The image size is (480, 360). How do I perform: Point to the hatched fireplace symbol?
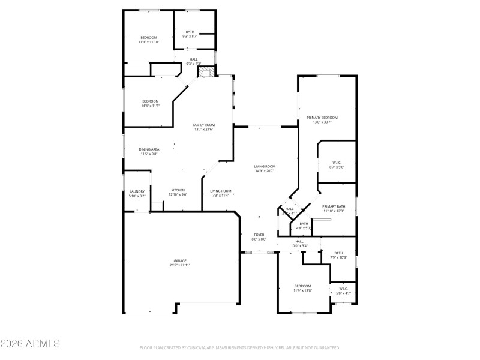tap(206, 72)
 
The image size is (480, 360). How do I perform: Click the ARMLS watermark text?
tap(30, 344)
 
